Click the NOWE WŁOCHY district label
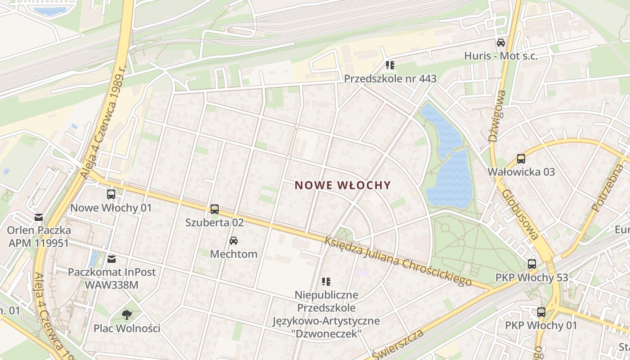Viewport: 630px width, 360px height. pos(343,185)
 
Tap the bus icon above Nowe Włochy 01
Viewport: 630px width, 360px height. pos(111,194)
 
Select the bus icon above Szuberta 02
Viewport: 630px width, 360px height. pos(215,209)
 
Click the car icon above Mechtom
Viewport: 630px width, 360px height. pos(234,241)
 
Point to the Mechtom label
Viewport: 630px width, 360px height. pos(234,254)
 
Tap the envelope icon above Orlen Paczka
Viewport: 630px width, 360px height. pos(39,217)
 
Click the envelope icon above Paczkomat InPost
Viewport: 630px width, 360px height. pos(112,259)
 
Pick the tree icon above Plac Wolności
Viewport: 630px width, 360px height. pos(127,315)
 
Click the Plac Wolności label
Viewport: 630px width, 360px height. pos(127,328)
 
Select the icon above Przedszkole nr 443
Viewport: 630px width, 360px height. pos(390,65)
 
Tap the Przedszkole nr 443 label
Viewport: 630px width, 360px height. pos(390,79)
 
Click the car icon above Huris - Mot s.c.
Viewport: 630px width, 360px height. pos(501,43)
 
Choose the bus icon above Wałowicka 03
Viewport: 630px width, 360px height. pos(521,159)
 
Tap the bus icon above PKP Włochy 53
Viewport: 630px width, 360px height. pos(532,264)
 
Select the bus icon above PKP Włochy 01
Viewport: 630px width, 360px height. pos(541,312)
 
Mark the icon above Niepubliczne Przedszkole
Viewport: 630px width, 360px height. pos(326,282)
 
